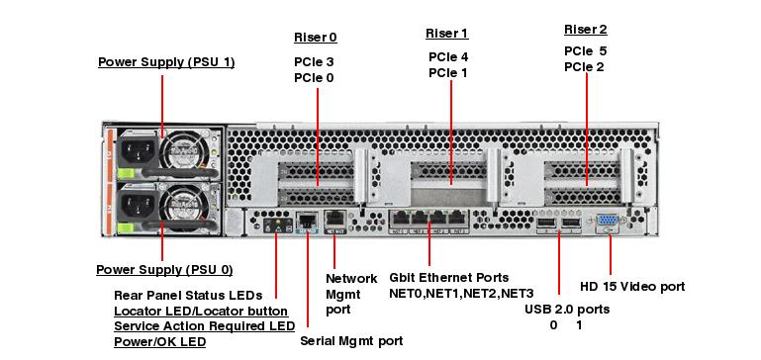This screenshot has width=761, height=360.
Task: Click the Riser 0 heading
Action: (x=315, y=38)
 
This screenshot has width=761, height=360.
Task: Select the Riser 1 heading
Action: (x=446, y=34)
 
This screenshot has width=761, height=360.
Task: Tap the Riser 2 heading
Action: (x=585, y=30)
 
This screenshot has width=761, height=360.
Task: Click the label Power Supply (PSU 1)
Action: (x=166, y=62)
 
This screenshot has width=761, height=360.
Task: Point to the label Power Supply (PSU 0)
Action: (x=164, y=270)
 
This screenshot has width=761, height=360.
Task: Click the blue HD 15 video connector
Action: (x=609, y=224)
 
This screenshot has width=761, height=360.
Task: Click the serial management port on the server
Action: (x=307, y=221)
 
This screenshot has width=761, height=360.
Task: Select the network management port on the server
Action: (x=334, y=220)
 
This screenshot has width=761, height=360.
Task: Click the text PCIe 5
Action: (x=585, y=50)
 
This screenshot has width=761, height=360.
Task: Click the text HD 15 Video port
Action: (x=632, y=287)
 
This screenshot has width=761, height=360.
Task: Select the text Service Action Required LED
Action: (x=204, y=326)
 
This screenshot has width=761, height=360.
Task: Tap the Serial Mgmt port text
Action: (x=351, y=341)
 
